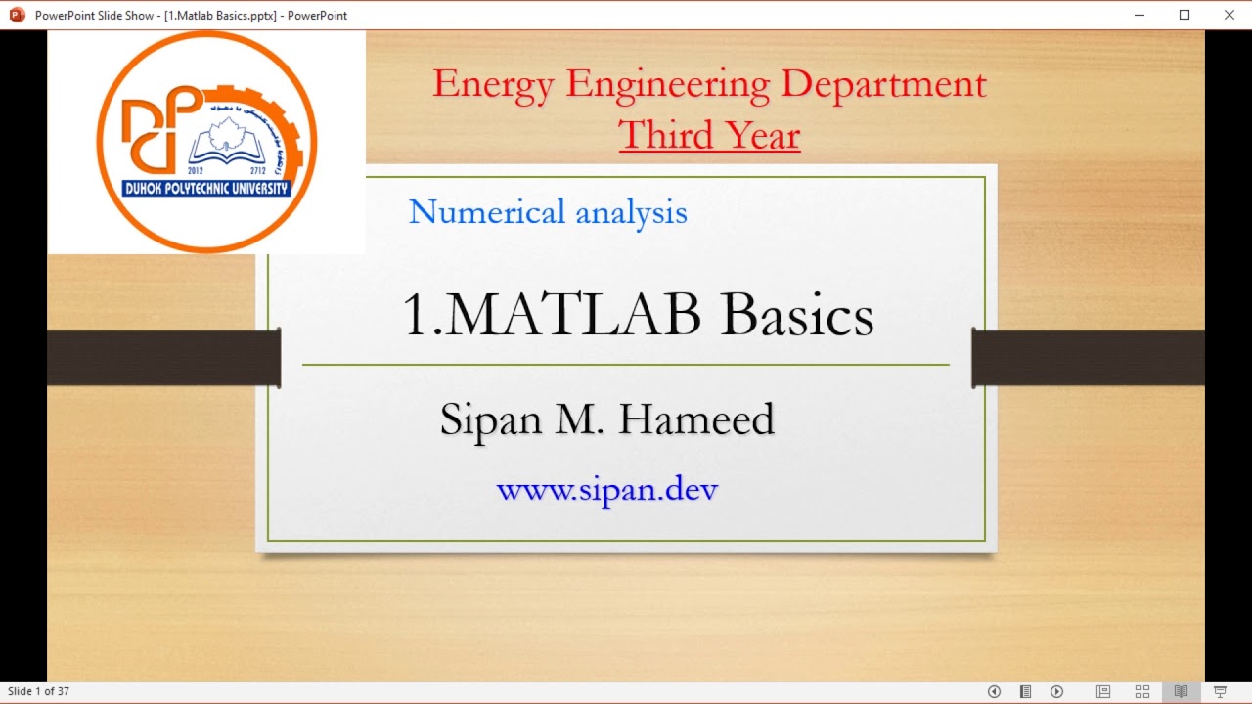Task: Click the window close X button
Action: (x=1229, y=15)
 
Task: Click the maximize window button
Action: (x=1185, y=15)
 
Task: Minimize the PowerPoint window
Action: (x=1140, y=15)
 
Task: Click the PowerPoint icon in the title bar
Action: (x=17, y=15)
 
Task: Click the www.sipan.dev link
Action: (x=606, y=488)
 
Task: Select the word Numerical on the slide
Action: (x=486, y=211)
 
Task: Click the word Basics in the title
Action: (x=796, y=315)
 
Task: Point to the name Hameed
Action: (x=695, y=419)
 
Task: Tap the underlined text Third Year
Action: (x=708, y=135)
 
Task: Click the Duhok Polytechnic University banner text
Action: (x=206, y=188)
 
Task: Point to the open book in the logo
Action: (x=227, y=147)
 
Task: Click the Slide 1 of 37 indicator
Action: (x=38, y=691)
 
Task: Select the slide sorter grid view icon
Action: (x=1141, y=691)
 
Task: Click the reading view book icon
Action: (x=1181, y=691)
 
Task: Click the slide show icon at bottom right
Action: (x=1220, y=691)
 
